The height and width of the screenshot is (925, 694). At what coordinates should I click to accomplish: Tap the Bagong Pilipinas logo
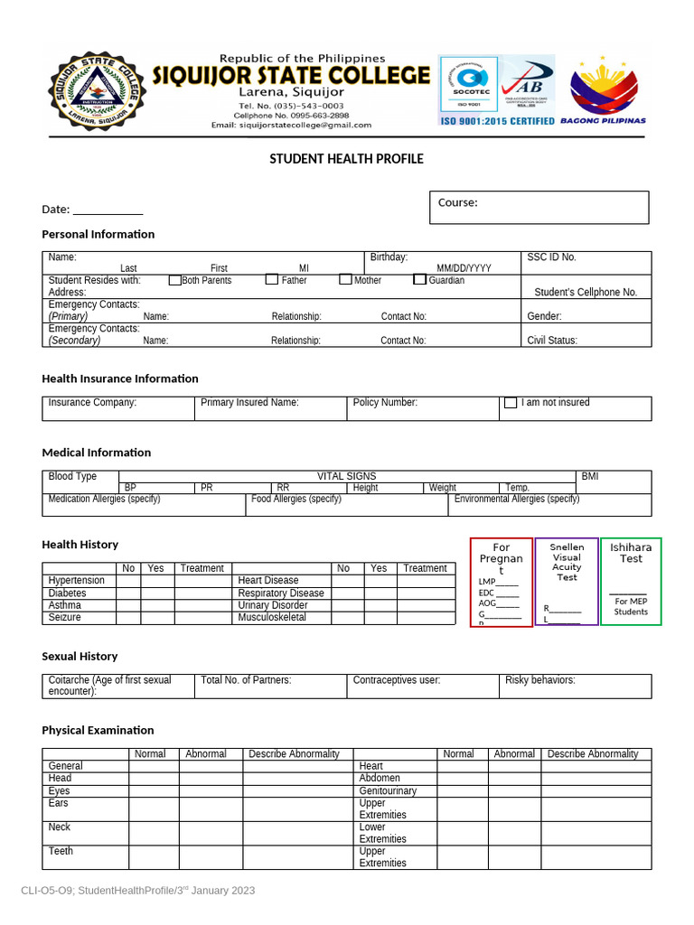[x=603, y=90]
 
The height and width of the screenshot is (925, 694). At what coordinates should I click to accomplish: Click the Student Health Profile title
[x=346, y=159]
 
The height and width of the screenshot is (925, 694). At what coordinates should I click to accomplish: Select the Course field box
[x=539, y=207]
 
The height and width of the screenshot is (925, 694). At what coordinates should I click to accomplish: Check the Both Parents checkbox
[x=175, y=280]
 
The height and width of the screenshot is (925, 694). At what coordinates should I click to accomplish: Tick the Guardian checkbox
[x=419, y=280]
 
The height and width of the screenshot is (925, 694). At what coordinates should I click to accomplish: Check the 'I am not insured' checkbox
[x=511, y=403]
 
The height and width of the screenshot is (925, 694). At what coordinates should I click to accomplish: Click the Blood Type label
[x=72, y=476]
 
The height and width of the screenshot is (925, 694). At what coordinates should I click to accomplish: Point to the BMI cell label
[x=589, y=476]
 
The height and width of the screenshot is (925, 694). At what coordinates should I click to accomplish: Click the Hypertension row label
[x=76, y=581]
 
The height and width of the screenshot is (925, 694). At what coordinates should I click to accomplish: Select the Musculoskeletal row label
[x=272, y=618]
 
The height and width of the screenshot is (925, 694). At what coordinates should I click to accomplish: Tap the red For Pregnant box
[x=501, y=582]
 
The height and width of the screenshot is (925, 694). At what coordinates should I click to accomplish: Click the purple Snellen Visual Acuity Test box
[x=567, y=582]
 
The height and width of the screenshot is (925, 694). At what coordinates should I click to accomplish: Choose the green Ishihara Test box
[x=631, y=581]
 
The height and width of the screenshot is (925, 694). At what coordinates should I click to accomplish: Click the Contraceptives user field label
[x=396, y=680]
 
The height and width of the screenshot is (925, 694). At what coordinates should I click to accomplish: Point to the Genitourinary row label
[x=388, y=790]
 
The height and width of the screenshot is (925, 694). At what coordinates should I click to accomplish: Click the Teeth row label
[x=61, y=851]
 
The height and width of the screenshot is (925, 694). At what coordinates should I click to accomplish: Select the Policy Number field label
[x=385, y=403]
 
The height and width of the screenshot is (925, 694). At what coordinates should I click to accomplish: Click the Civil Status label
[x=552, y=341]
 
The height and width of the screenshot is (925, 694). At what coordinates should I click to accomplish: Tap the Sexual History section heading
[x=80, y=656]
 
